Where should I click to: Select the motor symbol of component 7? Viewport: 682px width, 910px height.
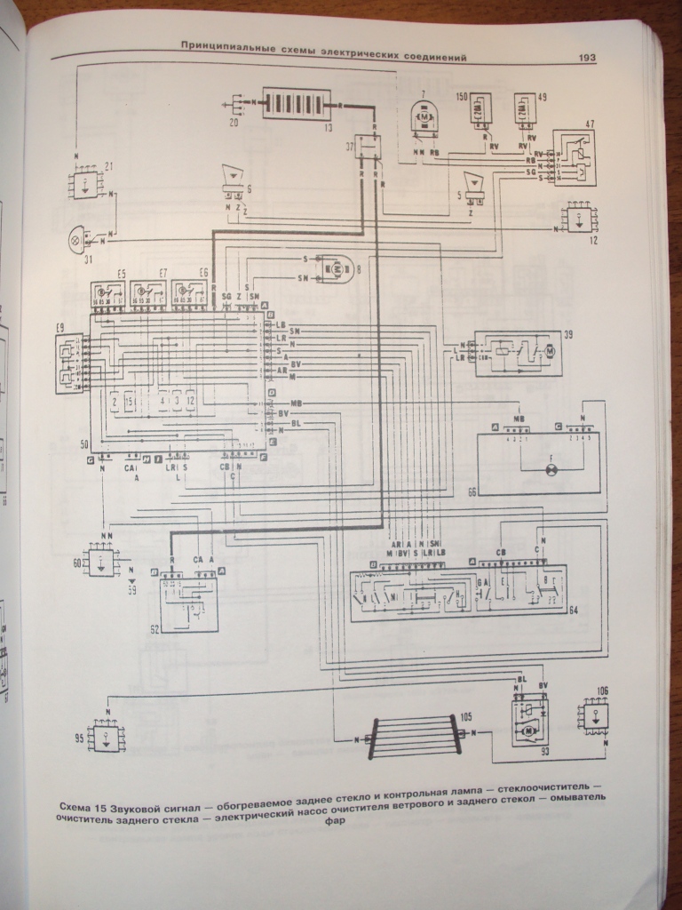[x=424, y=117]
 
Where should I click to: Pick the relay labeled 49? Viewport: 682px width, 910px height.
[x=526, y=111]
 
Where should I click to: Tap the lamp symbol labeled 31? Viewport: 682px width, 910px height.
[x=77, y=237]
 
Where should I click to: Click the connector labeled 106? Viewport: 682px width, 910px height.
[x=594, y=714]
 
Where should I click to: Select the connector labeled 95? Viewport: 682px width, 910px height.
[x=107, y=736]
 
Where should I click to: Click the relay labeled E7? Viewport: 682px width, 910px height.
[x=149, y=292]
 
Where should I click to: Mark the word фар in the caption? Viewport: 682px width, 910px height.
[x=334, y=821]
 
